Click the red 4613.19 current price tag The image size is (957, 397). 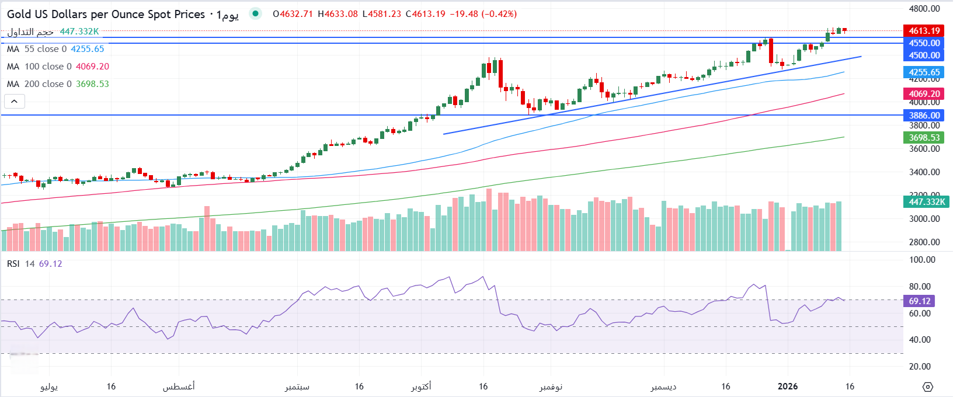[x=924, y=31]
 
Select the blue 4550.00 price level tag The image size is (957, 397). [x=924, y=43]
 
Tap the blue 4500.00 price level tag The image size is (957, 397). [x=924, y=55]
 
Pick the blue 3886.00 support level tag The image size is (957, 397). [x=924, y=116]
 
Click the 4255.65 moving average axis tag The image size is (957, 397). [x=924, y=72]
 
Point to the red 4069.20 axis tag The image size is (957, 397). [x=924, y=94]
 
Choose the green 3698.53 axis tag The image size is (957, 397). [x=924, y=138]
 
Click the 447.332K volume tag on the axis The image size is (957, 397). [x=927, y=202]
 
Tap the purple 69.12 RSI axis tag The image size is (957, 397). [x=920, y=301]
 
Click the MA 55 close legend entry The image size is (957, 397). [x=55, y=49]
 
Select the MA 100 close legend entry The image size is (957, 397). [x=58, y=67]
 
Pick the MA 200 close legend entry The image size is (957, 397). [x=58, y=84]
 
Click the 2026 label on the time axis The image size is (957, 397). [x=788, y=386]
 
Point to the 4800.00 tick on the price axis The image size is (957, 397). [x=925, y=9]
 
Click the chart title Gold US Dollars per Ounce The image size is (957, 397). [x=106, y=14]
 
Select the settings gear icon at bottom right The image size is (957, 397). [x=928, y=386]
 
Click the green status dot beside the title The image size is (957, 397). [x=255, y=13]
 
